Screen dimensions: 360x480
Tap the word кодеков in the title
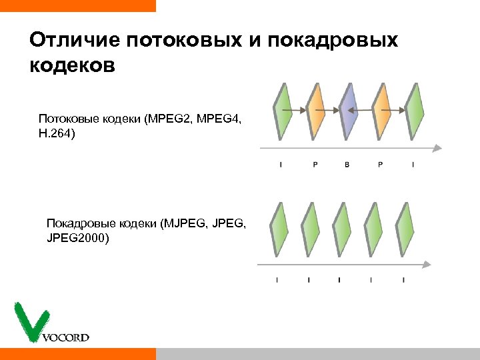73,67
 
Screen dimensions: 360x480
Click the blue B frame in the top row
348,110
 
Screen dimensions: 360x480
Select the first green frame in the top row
283,110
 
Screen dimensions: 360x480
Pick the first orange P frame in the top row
315,110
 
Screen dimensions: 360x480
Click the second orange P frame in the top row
381,110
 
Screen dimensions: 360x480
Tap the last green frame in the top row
415,110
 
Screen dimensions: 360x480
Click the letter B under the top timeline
347,165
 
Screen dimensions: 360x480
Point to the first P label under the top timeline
315,165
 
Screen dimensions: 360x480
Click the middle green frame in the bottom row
341,229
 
